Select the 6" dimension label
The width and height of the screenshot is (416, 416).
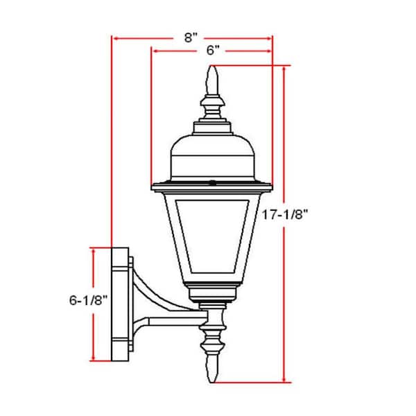pyautogui.click(x=213, y=51)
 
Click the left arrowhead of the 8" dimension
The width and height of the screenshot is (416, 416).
pyautogui.click(x=115, y=39)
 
